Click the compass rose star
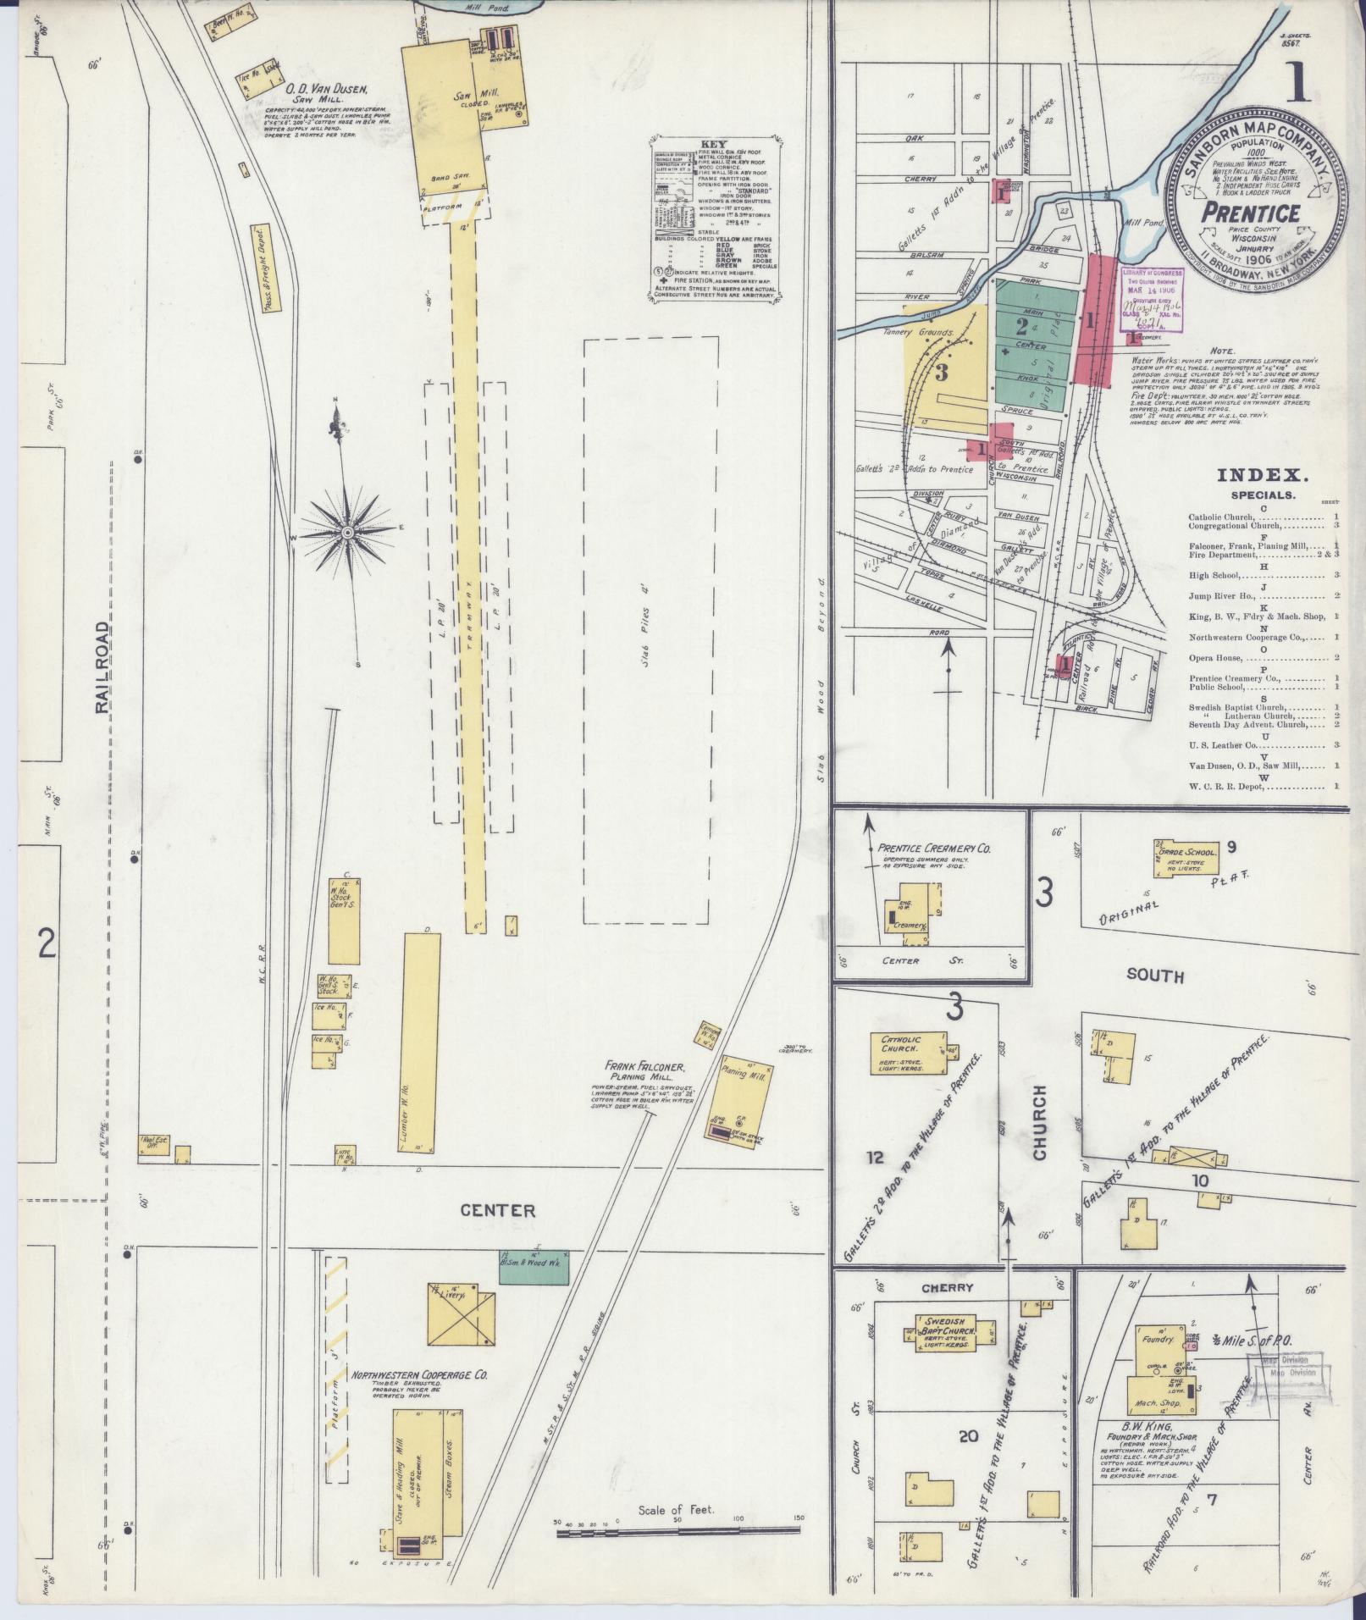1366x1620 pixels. pos(348,532)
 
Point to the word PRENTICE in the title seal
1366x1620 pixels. pos(1252,212)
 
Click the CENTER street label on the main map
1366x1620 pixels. pos(498,1210)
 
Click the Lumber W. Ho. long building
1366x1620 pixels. pos(421,1043)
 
